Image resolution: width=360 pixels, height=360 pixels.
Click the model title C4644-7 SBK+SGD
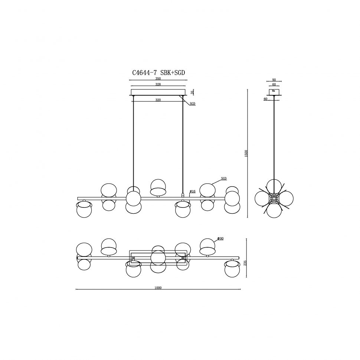point(158,73)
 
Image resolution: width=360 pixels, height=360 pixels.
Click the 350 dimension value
point(158,79)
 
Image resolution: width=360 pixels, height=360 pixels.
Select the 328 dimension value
point(158,84)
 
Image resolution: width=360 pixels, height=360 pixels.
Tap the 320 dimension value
point(158,100)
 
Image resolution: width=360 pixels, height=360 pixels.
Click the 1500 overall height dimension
point(246,153)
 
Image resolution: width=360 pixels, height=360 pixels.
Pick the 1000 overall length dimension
point(158,288)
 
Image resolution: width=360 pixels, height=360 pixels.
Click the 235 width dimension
point(245,263)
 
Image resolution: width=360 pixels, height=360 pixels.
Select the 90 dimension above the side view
point(274,80)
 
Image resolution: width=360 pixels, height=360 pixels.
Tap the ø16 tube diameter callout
point(192,191)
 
